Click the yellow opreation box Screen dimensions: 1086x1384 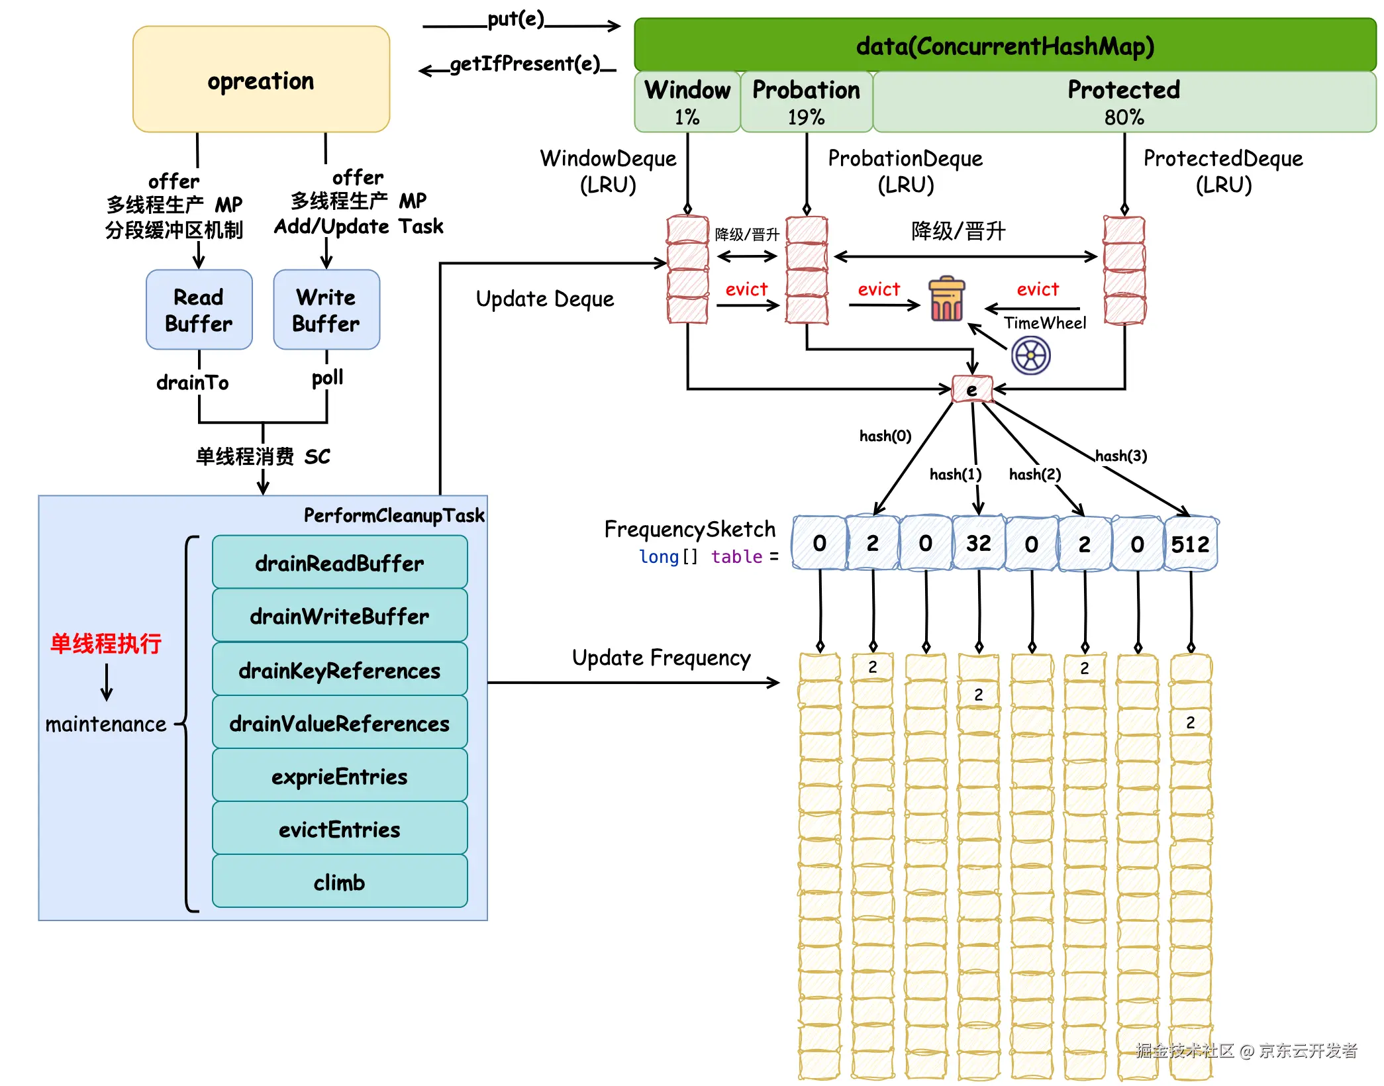(261, 79)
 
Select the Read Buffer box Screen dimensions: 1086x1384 (199, 309)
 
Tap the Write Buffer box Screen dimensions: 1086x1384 (326, 309)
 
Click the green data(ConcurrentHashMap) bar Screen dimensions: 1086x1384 (1005, 46)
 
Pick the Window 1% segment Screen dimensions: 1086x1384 (687, 102)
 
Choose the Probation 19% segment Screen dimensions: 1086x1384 (806, 102)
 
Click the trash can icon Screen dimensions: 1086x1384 (946, 300)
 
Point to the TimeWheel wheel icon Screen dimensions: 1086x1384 (1030, 356)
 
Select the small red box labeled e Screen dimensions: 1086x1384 (971, 389)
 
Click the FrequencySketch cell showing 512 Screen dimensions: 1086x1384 (1190, 544)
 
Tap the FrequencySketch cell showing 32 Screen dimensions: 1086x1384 (978, 544)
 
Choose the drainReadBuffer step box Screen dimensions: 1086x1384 (340, 563)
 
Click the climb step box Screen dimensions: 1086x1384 (340, 882)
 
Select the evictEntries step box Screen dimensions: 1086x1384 (340, 829)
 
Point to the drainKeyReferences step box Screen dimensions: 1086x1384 (340, 670)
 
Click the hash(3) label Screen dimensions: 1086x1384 (1120, 456)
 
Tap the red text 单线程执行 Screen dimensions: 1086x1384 (106, 643)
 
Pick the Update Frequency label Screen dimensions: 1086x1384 (661, 658)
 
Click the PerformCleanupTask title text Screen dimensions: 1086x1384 (394, 515)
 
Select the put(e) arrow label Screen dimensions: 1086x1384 (515, 19)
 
